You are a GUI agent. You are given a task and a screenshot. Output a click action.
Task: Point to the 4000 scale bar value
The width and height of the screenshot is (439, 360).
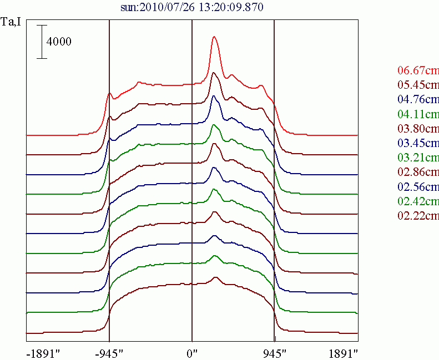pyautogui.click(x=59, y=42)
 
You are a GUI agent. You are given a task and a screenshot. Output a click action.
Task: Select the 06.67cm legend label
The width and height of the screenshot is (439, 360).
pyautogui.click(x=418, y=70)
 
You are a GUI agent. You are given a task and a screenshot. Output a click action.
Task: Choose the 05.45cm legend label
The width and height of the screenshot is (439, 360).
pyautogui.click(x=418, y=85)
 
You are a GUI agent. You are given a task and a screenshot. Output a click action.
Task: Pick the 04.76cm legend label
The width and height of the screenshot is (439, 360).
pyautogui.click(x=418, y=100)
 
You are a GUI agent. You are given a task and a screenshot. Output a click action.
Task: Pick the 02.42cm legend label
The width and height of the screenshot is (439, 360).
pyautogui.click(x=418, y=201)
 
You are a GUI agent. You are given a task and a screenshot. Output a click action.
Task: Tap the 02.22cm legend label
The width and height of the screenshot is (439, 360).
pyautogui.click(x=418, y=215)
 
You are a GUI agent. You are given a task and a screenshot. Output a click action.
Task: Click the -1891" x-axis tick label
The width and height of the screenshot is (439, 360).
pyautogui.click(x=43, y=353)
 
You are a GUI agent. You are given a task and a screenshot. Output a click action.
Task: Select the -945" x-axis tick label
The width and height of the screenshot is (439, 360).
pyautogui.click(x=110, y=353)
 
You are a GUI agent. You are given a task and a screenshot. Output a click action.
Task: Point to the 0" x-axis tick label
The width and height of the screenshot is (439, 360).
pyautogui.click(x=192, y=353)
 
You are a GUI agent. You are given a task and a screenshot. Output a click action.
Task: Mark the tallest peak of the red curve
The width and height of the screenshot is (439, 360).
pyautogui.click(x=214, y=37)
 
